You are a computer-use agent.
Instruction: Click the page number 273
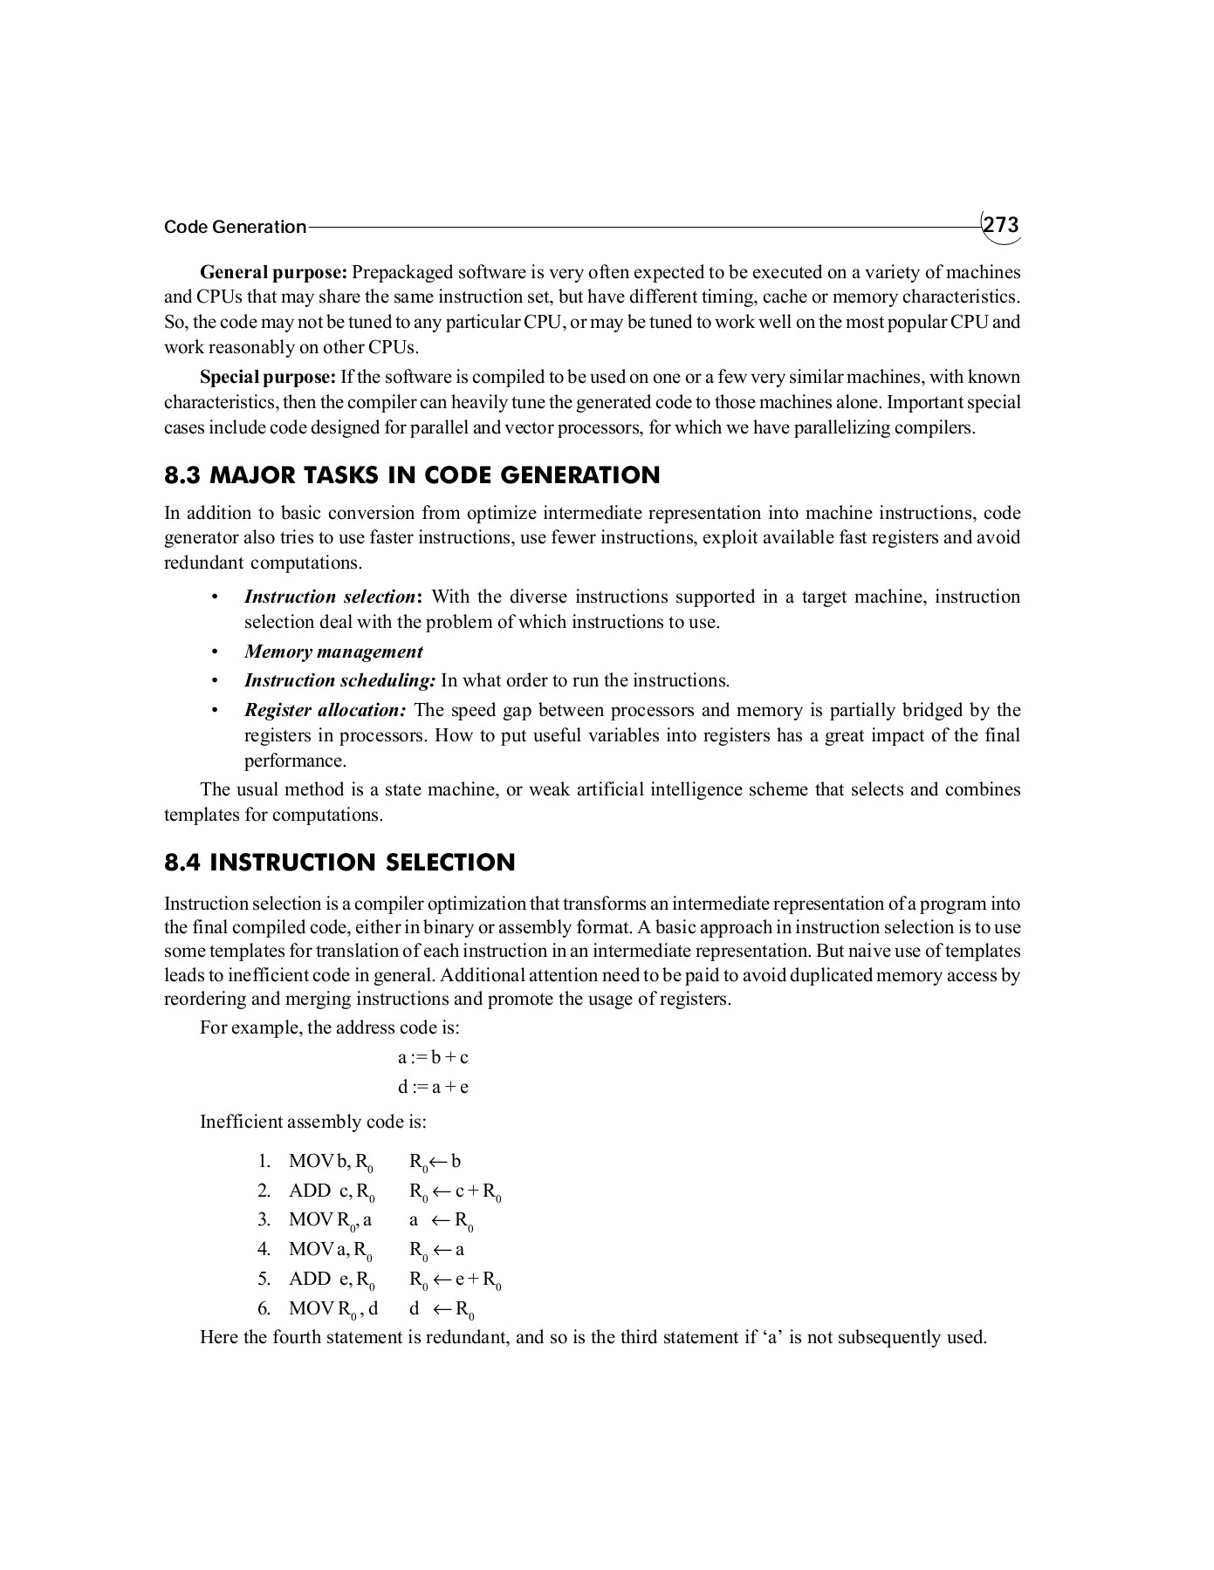(x=1001, y=226)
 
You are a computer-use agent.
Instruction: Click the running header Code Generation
(x=235, y=228)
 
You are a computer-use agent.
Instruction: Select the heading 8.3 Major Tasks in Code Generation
(x=412, y=475)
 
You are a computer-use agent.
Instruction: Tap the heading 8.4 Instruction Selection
(x=340, y=863)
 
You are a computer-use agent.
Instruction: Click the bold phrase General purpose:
(x=274, y=271)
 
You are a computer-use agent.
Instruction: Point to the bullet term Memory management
(x=333, y=652)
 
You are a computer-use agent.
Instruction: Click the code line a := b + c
(x=433, y=1057)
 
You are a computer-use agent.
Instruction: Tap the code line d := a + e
(x=433, y=1087)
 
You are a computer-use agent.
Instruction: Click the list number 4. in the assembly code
(x=264, y=1249)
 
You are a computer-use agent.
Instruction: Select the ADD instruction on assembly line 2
(x=310, y=1191)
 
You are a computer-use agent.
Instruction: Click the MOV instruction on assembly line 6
(x=312, y=1308)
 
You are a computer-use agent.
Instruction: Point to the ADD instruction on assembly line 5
(x=310, y=1279)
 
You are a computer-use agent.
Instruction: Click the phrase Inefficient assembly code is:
(x=312, y=1121)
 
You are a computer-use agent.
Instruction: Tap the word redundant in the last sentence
(x=466, y=1337)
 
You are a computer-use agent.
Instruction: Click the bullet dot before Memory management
(x=213, y=652)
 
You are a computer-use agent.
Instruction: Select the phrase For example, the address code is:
(x=329, y=1027)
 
